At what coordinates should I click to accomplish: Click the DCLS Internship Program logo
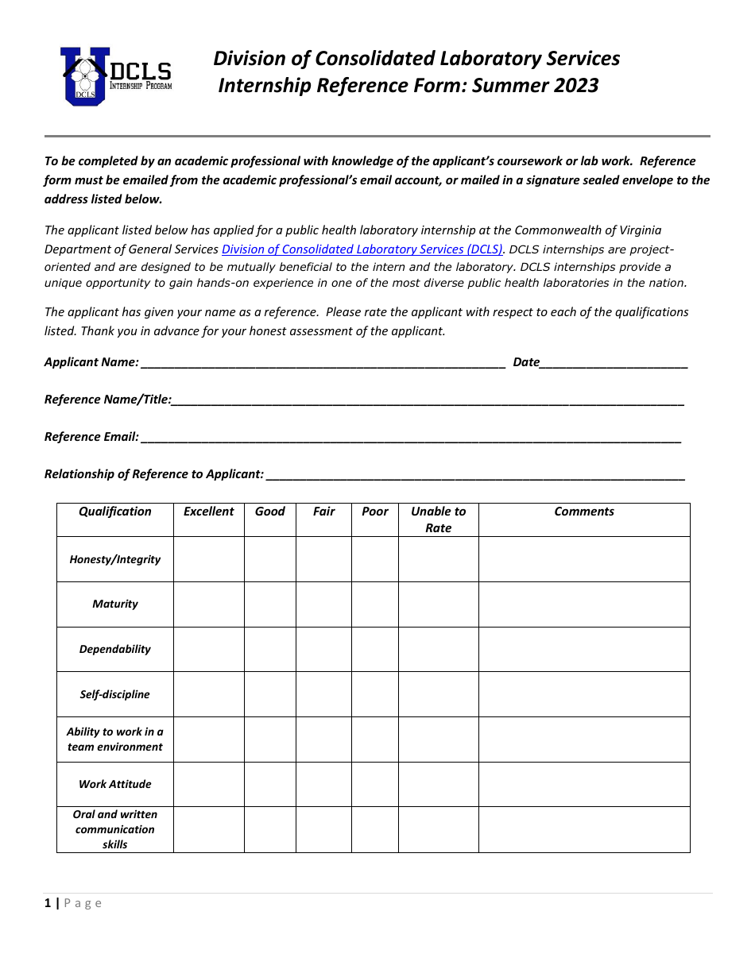pos(116,76)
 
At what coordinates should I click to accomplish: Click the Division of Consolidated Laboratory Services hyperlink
pos(362,249)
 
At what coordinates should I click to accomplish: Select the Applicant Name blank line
pos(322,363)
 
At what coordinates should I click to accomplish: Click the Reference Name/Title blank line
pos(428,400)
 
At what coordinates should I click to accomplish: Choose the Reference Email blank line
pos(410,437)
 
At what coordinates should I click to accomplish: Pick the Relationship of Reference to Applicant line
pos(475,474)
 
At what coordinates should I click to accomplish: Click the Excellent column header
pos(208,512)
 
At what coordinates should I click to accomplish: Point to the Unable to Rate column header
pos(438,519)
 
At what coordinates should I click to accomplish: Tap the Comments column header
pos(584,512)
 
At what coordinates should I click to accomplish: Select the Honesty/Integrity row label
pos(115,559)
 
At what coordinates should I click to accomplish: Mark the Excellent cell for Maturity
pos(208,604)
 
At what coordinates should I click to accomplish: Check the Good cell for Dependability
pos(269,649)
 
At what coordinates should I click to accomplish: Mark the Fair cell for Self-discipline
pos(323,694)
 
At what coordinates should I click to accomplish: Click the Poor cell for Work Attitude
pos(374,784)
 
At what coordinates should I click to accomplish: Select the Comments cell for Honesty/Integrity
pos(584,559)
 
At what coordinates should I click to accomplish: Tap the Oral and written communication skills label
pos(115,829)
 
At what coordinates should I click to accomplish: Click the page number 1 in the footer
pos(48,903)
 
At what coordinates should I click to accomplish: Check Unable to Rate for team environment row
pos(438,740)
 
